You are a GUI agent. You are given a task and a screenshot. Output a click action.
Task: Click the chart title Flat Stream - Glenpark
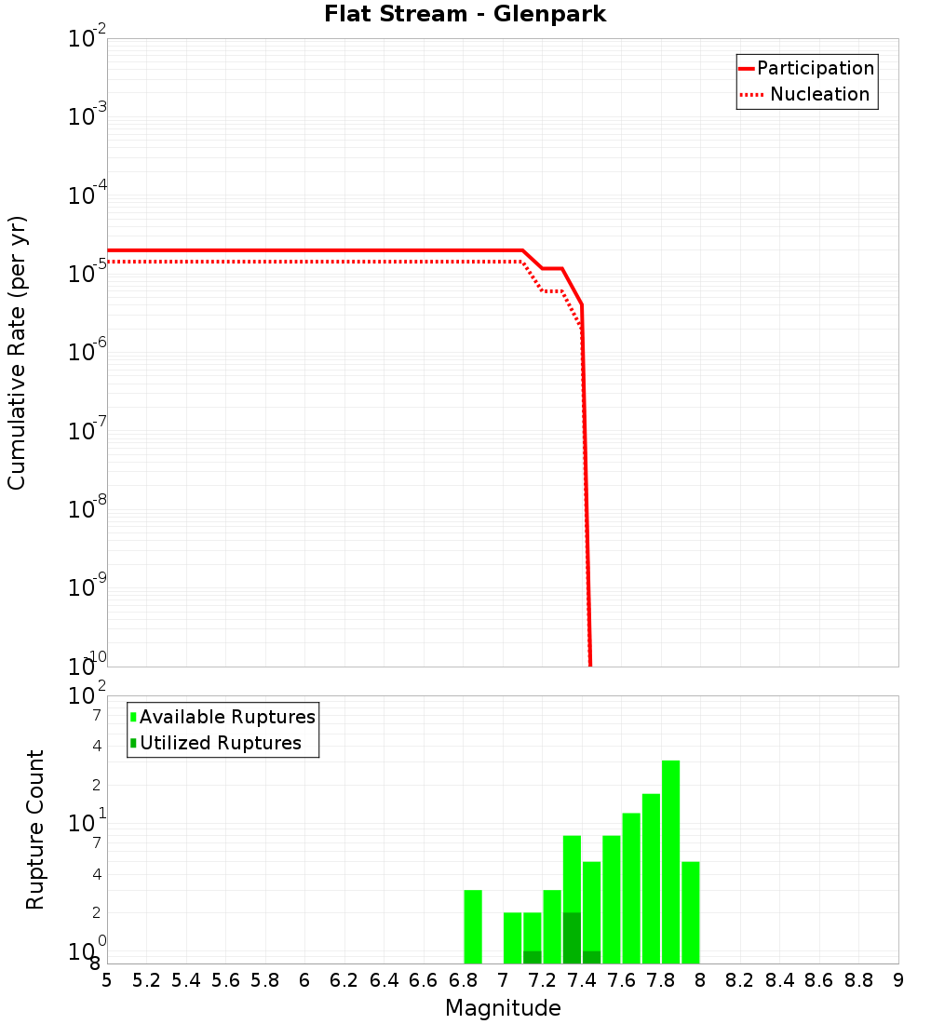tap(465, 14)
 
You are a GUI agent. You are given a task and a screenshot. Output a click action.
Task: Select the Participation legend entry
tap(815, 68)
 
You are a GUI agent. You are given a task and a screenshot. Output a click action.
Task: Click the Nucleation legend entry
tap(818, 94)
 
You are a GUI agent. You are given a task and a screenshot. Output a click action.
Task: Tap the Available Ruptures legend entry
tap(227, 717)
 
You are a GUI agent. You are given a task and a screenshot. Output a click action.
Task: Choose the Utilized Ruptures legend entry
tap(220, 743)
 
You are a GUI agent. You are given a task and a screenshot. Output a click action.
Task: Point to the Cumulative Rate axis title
tap(17, 353)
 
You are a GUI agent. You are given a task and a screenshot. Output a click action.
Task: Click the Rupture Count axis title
tap(35, 829)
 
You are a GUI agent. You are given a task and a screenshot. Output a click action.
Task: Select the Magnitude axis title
tap(503, 1008)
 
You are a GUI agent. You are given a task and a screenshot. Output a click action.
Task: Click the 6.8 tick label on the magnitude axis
tap(463, 980)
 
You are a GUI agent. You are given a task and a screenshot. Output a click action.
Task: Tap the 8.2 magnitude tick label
tap(740, 980)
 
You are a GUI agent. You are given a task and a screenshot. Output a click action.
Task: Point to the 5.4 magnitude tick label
tap(186, 980)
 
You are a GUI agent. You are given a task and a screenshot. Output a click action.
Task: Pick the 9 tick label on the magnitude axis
tap(898, 980)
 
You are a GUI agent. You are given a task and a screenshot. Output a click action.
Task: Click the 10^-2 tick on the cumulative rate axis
tap(88, 39)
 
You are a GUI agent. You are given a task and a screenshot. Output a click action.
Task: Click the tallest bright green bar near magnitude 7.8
tap(671, 861)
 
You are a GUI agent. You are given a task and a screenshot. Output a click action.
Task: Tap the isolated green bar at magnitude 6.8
tap(473, 926)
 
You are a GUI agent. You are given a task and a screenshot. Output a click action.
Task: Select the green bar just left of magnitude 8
tap(691, 912)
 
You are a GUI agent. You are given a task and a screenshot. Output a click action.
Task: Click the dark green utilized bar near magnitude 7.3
tap(572, 937)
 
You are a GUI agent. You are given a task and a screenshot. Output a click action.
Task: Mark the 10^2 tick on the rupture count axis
tap(88, 696)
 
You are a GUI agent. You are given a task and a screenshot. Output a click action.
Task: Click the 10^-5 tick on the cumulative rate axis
tap(88, 274)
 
